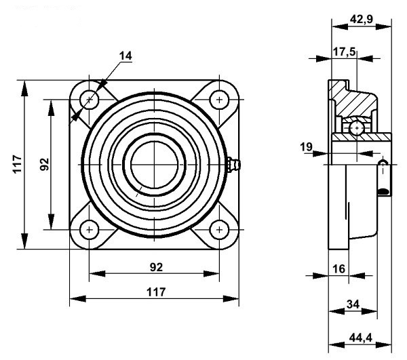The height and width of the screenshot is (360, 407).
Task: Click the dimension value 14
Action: pyautogui.click(x=125, y=56)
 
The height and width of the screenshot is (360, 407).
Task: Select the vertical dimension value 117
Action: pyautogui.click(x=18, y=164)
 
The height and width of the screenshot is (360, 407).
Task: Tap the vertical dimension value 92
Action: pyautogui.click(x=45, y=164)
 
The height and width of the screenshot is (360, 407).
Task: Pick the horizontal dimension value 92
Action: pyautogui.click(x=156, y=267)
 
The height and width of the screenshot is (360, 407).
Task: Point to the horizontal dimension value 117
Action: pyautogui.click(x=156, y=292)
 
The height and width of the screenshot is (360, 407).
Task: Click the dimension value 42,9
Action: pyautogui.click(x=362, y=19)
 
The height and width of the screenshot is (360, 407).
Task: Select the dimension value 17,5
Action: pyautogui.click(x=344, y=52)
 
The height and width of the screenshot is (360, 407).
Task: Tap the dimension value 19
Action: pyautogui.click(x=307, y=147)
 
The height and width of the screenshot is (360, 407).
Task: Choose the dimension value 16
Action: pyautogui.click(x=339, y=269)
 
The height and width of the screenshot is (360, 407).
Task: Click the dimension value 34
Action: pyautogui.click(x=353, y=304)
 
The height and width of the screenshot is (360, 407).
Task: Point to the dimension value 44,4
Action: pyautogui.click(x=361, y=338)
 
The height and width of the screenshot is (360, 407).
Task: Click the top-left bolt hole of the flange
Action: pyautogui.click(x=89, y=100)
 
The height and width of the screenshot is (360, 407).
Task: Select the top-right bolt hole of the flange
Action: pyautogui.click(x=219, y=100)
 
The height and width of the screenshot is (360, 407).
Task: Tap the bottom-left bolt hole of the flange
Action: pyautogui.click(x=89, y=230)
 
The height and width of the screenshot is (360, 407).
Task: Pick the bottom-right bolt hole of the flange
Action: pyautogui.click(x=219, y=230)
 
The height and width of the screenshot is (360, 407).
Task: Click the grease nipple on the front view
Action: pyautogui.click(x=234, y=164)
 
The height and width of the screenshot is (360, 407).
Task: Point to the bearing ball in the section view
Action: pyautogui.click(x=357, y=128)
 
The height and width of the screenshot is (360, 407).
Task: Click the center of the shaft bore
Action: pyautogui.click(x=154, y=165)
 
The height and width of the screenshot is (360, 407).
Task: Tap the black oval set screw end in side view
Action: pyautogui.click(x=383, y=192)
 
